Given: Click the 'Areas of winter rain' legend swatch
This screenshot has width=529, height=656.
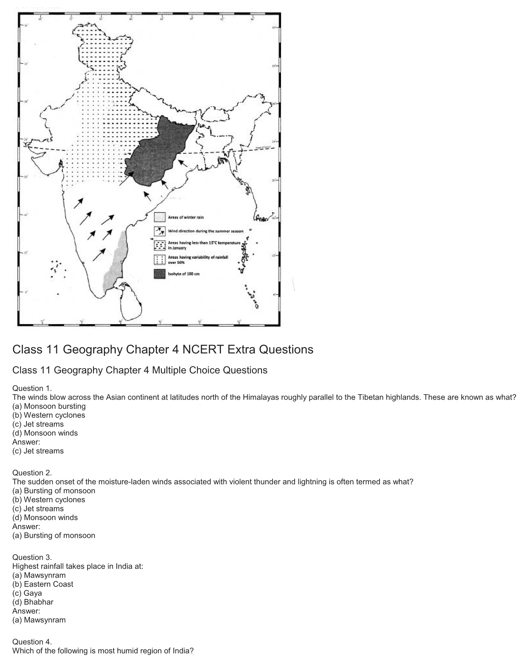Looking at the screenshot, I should coord(159,217).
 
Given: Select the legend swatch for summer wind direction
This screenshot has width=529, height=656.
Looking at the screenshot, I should coord(159,231).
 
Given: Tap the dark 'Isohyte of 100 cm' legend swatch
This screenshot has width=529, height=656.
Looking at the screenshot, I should coord(159,274).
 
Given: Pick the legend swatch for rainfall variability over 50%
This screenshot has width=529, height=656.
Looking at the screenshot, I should coord(159,259).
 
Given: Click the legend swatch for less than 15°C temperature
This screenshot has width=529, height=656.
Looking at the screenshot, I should coord(159,245).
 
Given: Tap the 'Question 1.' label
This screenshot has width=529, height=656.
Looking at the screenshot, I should coord(32,388).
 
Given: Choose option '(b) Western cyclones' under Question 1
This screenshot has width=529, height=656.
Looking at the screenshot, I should coord(49,415).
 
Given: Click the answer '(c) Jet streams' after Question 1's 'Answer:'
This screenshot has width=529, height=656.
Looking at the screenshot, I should coord(38,451).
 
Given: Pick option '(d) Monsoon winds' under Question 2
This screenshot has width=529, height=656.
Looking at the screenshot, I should coord(45,517).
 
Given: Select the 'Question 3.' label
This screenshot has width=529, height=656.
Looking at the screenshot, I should coord(32,557).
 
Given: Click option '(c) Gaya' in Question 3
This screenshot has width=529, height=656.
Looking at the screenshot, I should coord(27,593).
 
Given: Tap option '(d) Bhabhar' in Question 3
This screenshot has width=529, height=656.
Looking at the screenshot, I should coord(33,602).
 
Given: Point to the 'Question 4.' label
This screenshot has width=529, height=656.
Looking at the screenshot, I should coord(32,642).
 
